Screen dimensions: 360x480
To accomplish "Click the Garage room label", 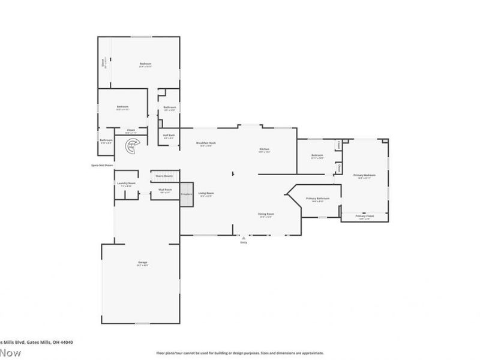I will coord(143,263).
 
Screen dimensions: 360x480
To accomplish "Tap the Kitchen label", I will coord(264,149).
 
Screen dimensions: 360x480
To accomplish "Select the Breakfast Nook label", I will coord(206,143).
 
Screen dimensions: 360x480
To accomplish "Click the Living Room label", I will coord(206,193).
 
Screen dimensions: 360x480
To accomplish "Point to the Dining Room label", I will coord(266,214).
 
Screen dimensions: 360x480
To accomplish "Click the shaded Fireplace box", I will coord(186,194).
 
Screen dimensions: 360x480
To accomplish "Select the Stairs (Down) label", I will coord(164,176).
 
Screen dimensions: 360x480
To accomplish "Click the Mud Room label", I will coord(166,190).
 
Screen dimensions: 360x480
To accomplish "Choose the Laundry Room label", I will coord(126,183).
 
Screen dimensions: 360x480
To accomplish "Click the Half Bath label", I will coord(169,135).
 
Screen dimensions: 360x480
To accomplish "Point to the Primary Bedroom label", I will coord(364,175).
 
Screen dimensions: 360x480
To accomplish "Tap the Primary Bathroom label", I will coord(317,199).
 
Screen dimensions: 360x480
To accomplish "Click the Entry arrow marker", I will coord(244,236).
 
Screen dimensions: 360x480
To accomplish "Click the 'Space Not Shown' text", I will coord(101,165).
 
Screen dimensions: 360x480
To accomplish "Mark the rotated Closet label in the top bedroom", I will coord(103,62).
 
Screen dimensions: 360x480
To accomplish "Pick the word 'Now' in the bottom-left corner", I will coord(11,353).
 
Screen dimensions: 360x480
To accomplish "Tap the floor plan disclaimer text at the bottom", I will coord(240,353).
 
